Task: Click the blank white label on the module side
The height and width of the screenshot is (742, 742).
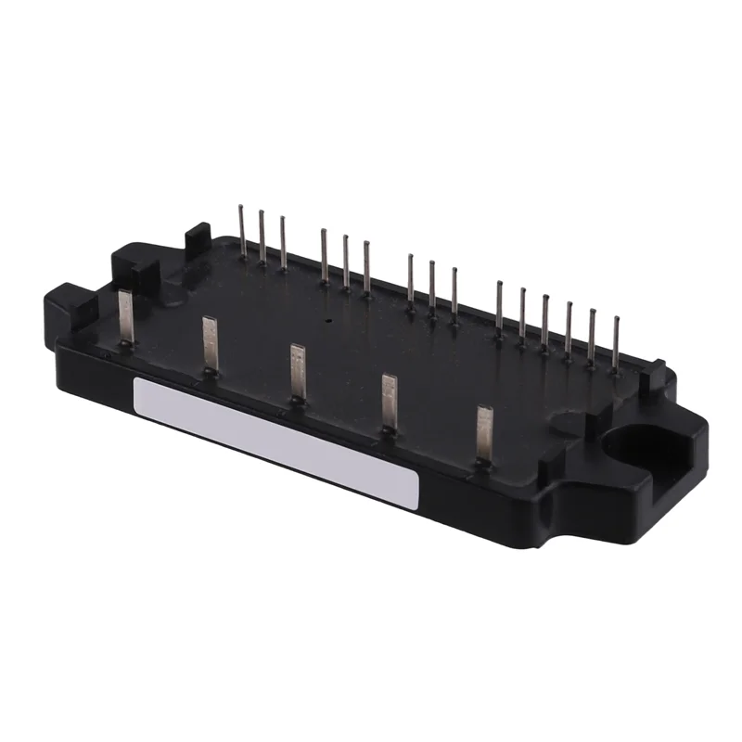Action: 276,441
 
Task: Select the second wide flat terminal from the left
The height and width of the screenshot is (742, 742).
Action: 210,343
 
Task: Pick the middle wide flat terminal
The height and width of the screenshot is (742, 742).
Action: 297,371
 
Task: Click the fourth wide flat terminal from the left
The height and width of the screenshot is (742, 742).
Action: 389,401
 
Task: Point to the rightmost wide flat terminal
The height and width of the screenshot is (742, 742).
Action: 483,432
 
